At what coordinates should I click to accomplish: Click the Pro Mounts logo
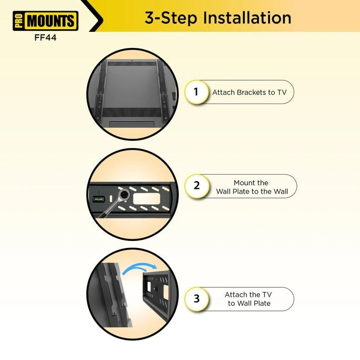[45, 21]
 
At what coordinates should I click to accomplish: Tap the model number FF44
[45, 38]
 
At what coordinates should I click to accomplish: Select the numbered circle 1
[196, 92]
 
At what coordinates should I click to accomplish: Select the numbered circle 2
[197, 186]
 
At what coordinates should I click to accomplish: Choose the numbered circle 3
[197, 299]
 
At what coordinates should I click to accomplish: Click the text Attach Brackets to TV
[249, 92]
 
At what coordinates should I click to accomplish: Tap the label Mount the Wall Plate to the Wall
[252, 187]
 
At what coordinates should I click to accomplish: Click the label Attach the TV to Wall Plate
[249, 299]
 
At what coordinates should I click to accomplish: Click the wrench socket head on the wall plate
[124, 195]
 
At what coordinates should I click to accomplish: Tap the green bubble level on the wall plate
[98, 199]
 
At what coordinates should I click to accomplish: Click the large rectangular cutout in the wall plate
[146, 198]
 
